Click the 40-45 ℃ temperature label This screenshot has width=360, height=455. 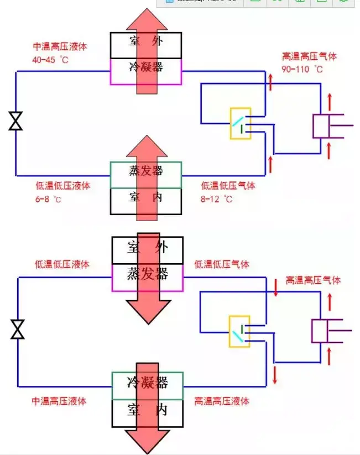[x=50, y=59]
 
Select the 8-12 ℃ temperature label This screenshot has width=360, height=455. [x=217, y=199]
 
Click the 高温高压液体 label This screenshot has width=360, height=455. [x=221, y=401]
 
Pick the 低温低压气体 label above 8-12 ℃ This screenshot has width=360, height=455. [x=228, y=186]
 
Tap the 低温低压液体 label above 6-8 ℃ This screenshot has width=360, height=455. [x=62, y=186]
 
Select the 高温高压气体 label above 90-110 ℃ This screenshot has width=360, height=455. [x=309, y=56]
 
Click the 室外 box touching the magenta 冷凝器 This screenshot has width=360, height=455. [x=146, y=45]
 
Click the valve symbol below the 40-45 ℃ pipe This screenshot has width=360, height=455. [x=15, y=121]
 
